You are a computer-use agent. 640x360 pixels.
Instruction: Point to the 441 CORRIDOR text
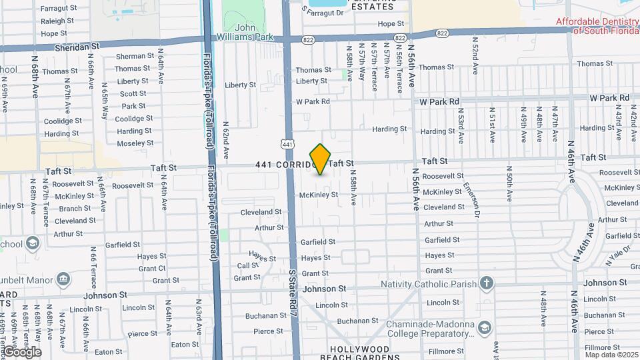click(x=283, y=164)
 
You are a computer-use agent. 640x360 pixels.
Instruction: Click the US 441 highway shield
click(x=287, y=143)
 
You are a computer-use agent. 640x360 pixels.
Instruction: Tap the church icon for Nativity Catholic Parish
click(x=487, y=283)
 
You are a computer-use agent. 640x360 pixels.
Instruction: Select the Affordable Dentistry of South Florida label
click(x=597, y=26)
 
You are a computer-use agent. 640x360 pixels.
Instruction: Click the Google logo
click(x=22, y=351)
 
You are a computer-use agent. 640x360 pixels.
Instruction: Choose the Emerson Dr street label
click(x=471, y=200)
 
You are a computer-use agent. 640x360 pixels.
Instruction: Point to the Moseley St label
click(x=135, y=143)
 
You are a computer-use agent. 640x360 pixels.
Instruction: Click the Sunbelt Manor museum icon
click(x=64, y=277)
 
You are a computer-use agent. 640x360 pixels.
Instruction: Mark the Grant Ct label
click(x=151, y=269)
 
